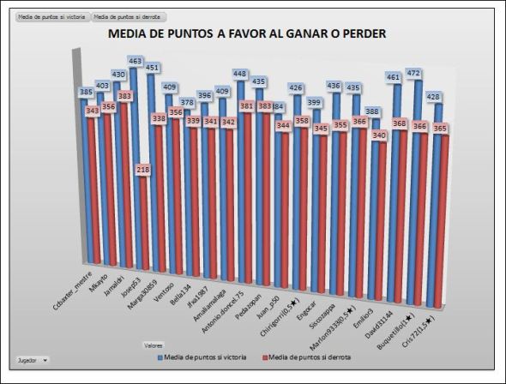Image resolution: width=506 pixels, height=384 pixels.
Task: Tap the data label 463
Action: click(x=135, y=61)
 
